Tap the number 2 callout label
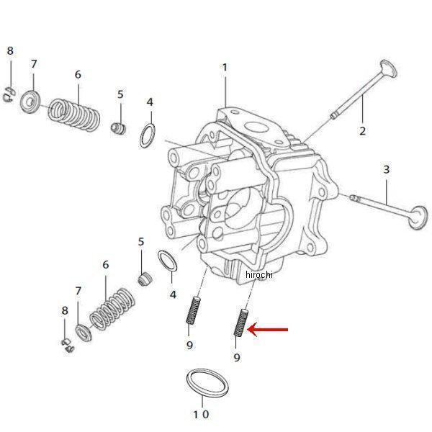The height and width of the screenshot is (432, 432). pos(362,130)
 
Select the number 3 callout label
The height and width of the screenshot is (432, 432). pos(387,170)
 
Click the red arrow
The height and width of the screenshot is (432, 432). pos(268,330)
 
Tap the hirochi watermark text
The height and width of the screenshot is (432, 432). pos(261,275)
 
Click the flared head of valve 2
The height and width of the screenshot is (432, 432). pos(387,72)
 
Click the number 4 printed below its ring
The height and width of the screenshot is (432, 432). pos(173,294)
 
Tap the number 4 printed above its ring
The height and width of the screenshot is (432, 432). pos(150,102)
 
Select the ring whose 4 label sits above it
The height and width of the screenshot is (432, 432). pos(148,135)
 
